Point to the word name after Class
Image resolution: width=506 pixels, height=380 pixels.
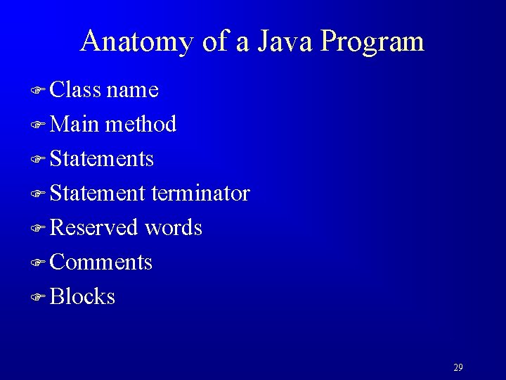tap(133, 91)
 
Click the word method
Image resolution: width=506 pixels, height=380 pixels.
tap(140, 125)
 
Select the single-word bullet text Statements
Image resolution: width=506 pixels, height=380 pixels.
tap(102, 159)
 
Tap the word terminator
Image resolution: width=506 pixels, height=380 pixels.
tap(200, 194)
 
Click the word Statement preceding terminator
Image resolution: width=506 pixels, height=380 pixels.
tap(98, 194)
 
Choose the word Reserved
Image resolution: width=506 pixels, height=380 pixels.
tap(94, 228)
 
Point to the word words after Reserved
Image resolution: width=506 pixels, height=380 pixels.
tap(173, 228)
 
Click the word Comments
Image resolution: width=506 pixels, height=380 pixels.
tap(101, 262)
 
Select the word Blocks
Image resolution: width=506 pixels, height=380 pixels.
tap(83, 297)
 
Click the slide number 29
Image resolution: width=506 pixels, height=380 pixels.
tap(458, 367)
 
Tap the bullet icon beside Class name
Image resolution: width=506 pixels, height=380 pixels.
tap(39, 91)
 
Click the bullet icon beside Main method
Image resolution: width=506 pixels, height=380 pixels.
tap(39, 125)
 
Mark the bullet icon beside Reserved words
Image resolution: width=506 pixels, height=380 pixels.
tap(39, 229)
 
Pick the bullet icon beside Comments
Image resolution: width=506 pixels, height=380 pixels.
tap(39, 263)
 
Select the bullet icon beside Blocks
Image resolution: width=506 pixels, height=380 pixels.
tap(39, 298)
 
